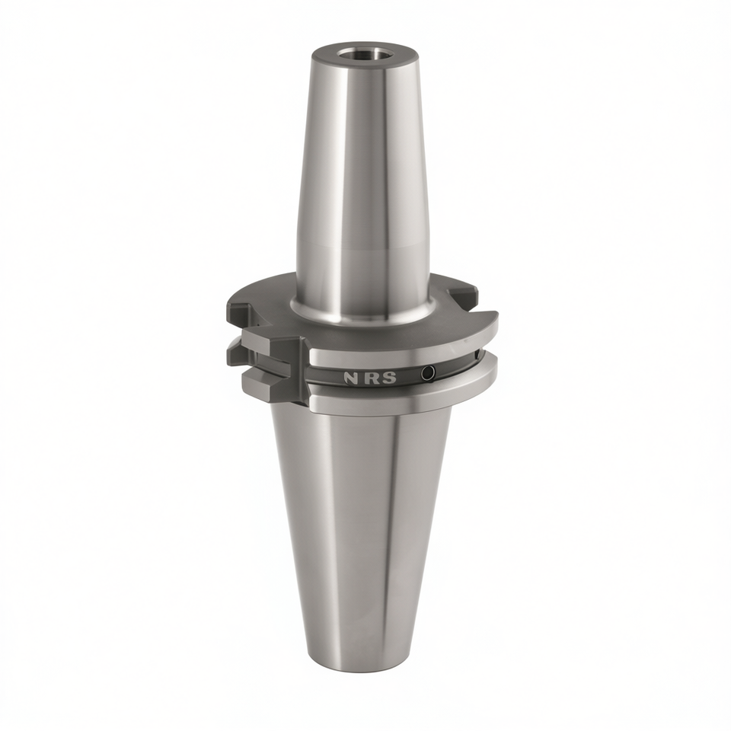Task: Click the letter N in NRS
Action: click(x=350, y=378)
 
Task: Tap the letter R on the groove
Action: click(x=370, y=378)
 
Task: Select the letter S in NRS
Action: click(x=390, y=378)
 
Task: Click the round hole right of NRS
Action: click(x=427, y=372)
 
